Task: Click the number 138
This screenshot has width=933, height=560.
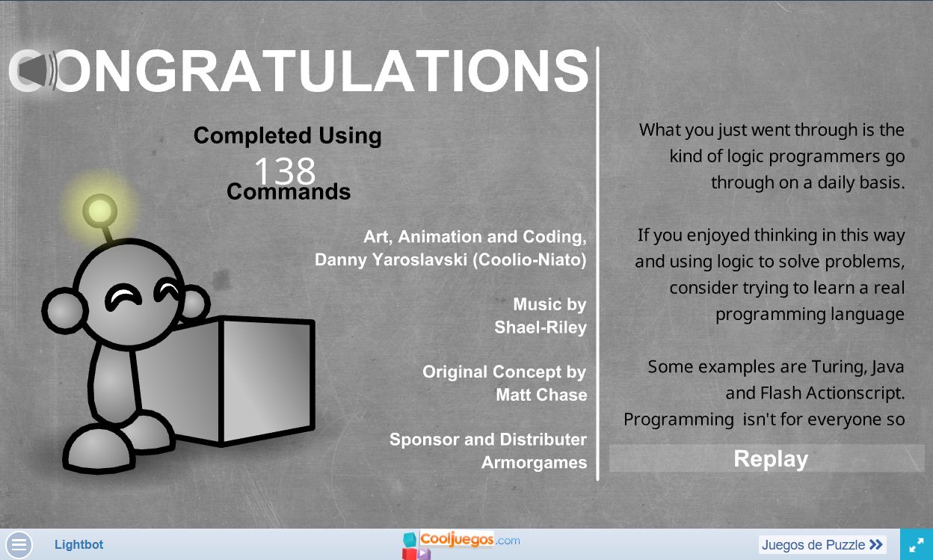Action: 285,170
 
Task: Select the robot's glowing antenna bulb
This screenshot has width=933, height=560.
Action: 100,211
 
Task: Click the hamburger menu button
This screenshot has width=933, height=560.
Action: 19,544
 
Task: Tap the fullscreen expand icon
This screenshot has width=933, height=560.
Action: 917,544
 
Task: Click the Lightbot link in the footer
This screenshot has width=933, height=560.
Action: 78,544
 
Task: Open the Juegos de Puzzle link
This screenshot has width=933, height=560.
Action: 822,544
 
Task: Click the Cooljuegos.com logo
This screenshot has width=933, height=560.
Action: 461,544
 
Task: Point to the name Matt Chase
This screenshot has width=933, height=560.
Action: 541,395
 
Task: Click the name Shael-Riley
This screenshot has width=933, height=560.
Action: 541,327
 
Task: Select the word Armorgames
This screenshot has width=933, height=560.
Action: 534,463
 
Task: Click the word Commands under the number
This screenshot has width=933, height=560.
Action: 289,191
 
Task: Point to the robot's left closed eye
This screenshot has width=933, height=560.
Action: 123,297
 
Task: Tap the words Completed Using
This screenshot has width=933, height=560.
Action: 287,136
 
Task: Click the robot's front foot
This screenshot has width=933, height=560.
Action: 99,449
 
